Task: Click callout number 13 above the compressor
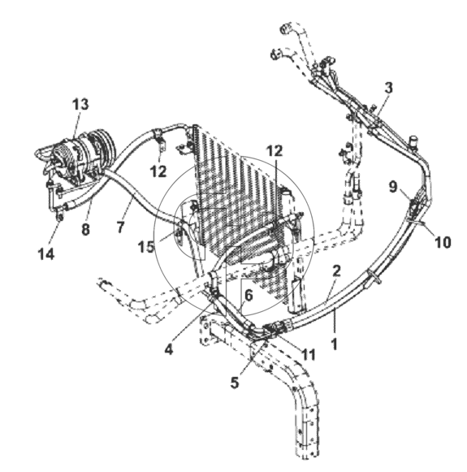click(80, 105)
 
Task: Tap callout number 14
click(46, 254)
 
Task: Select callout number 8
click(85, 230)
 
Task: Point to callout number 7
click(120, 227)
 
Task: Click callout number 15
click(146, 247)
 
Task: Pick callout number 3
click(389, 88)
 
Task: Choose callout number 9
click(393, 187)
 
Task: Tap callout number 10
click(443, 242)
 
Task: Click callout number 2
click(336, 271)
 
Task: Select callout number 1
click(334, 344)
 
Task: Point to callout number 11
click(308, 354)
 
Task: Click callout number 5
click(235, 383)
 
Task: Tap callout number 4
click(169, 349)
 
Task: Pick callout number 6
click(249, 296)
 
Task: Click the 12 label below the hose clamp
click(158, 171)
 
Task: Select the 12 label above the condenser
click(275, 151)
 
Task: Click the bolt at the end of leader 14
click(60, 214)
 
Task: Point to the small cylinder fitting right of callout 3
click(413, 141)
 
